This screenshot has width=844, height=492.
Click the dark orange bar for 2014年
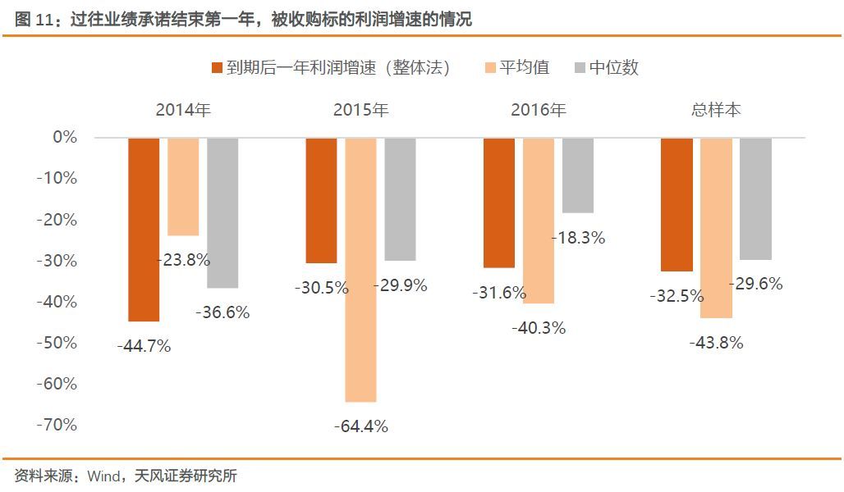(x=144, y=230)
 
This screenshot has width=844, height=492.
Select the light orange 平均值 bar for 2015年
(x=360, y=270)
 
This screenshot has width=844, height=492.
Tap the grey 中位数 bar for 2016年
(x=578, y=175)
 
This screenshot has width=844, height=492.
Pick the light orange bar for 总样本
(x=716, y=228)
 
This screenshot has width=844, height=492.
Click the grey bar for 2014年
(x=222, y=213)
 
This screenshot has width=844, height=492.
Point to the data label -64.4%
(x=360, y=426)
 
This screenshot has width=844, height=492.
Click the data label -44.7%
(x=144, y=346)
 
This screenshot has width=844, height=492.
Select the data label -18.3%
(x=577, y=238)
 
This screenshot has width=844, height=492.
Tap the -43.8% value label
(x=716, y=343)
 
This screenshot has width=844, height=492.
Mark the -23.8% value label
(x=183, y=260)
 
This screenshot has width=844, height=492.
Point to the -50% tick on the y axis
(x=57, y=343)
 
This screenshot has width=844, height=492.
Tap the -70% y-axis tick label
(x=57, y=425)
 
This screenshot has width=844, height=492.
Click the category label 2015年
(x=360, y=110)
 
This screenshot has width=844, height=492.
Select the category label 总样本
(x=716, y=110)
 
